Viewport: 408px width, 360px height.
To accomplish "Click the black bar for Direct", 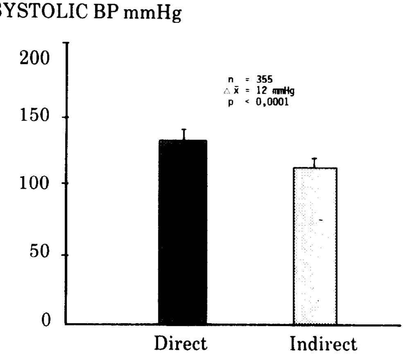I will click(x=183, y=231).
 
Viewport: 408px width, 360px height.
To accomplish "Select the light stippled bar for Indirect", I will click(x=315, y=246).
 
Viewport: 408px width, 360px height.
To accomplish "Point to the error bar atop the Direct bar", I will click(x=184, y=134).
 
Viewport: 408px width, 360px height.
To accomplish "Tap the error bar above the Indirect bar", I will click(x=315, y=163).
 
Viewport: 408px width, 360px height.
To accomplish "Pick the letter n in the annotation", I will click(x=230, y=81).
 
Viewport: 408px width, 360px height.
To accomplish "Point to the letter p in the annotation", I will click(x=230, y=103).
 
